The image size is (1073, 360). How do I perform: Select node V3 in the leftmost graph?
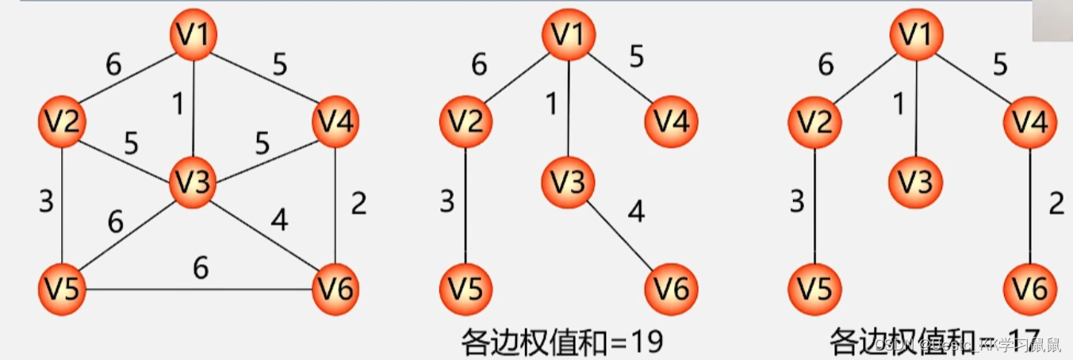tap(193, 183)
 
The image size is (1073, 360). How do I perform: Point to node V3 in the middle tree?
tap(568, 182)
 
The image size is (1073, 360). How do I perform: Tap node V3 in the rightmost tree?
tap(917, 182)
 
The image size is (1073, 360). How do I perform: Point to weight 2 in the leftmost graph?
tap(358, 204)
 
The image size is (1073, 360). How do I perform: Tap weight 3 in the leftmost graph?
tap(46, 201)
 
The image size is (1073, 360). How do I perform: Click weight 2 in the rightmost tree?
tap(1056, 204)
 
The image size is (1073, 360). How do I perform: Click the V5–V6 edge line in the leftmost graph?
tap(198, 288)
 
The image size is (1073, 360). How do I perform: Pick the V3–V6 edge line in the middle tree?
tap(620, 237)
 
